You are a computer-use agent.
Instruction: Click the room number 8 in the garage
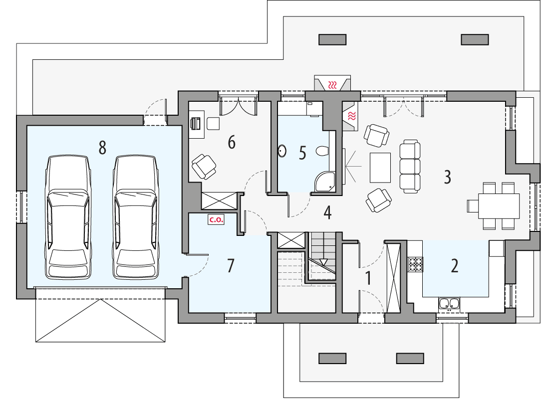[102, 148]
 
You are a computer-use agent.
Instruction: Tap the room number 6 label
[231, 142]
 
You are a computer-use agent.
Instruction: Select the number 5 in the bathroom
[302, 153]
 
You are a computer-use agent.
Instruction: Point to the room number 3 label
[447, 177]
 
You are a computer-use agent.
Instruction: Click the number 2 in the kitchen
[454, 266]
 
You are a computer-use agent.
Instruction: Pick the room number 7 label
[230, 266]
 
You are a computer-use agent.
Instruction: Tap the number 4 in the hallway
[327, 212]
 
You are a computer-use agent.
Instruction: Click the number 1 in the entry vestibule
[368, 278]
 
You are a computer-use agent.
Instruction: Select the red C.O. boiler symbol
[216, 219]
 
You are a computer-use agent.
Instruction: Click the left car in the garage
[69, 217]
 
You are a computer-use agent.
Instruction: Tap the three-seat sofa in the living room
[411, 167]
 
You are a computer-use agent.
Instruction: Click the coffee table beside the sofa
[380, 168]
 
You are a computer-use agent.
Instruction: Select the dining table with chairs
[499, 206]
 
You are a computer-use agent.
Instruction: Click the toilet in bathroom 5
[321, 150]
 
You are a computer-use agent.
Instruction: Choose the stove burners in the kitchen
[416, 264]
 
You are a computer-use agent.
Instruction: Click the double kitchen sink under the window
[449, 303]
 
